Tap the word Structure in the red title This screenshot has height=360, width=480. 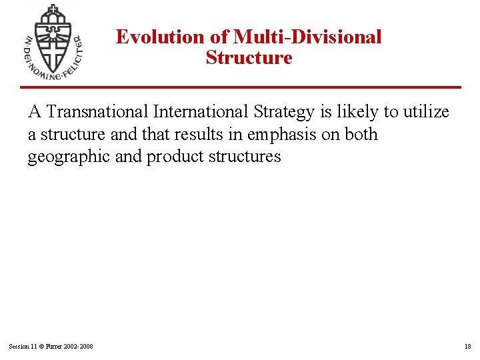point(249,58)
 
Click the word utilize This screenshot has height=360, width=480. point(425,112)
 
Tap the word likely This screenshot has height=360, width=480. point(357,113)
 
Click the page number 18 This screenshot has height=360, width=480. point(467,347)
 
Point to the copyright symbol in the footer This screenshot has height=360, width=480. point(42,347)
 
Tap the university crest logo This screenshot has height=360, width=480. point(52,42)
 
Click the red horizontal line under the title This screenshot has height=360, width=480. point(240,87)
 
